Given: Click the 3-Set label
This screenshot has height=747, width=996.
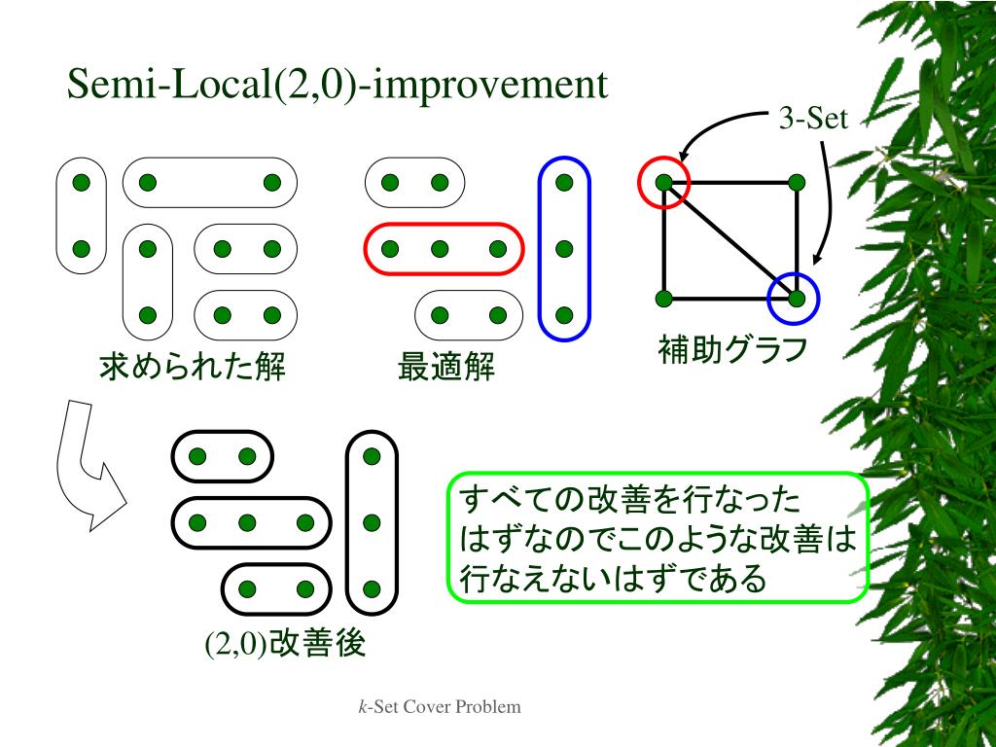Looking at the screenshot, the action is pyautogui.click(x=812, y=120).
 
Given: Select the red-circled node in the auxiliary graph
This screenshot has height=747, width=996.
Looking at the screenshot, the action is pyautogui.click(x=664, y=182).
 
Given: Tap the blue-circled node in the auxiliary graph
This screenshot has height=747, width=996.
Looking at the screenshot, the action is pyautogui.click(x=796, y=298).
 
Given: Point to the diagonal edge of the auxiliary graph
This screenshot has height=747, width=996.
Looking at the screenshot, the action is pyautogui.click(x=729, y=239).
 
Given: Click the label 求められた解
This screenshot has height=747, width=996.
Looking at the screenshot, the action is pyautogui.click(x=193, y=368).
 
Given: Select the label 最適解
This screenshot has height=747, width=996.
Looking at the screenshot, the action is pyautogui.click(x=446, y=368).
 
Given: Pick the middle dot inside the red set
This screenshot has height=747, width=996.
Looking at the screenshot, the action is pyautogui.click(x=440, y=249).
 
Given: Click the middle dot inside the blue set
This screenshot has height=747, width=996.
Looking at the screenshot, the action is pyautogui.click(x=564, y=249).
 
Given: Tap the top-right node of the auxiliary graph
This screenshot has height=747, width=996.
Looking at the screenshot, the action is pyautogui.click(x=796, y=182).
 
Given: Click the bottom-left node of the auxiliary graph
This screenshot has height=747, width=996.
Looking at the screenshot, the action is pyautogui.click(x=664, y=298).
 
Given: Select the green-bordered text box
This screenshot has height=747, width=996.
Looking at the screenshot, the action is pyautogui.click(x=657, y=537).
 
